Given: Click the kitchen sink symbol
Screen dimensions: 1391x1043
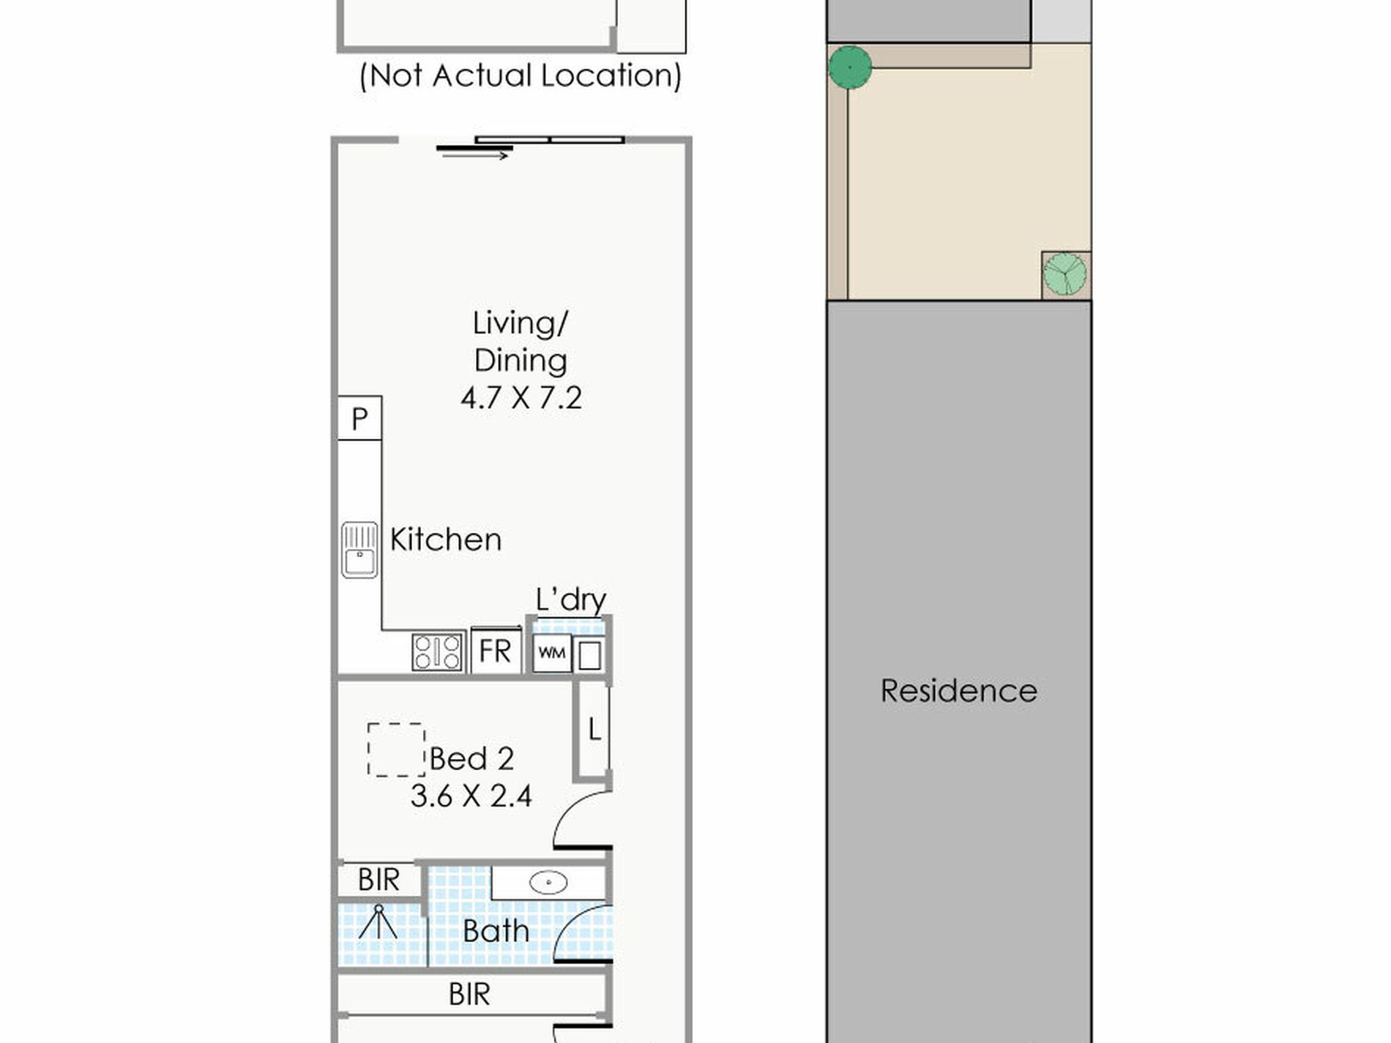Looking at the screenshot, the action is pos(359,550).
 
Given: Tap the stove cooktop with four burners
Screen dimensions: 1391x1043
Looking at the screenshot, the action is pos(438,651).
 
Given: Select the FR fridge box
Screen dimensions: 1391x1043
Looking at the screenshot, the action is pos(496,650).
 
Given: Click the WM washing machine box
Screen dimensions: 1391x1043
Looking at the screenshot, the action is pos(552,652).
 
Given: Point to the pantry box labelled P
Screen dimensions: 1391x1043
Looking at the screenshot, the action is pos(359,419).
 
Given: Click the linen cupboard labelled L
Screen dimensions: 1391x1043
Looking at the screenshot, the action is pos(594,729).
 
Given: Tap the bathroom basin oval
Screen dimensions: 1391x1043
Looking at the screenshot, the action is pos(548,883).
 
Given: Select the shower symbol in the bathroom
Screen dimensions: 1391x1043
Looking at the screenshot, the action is pos(378,922).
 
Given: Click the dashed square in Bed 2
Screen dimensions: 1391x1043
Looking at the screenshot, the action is pos(396,749).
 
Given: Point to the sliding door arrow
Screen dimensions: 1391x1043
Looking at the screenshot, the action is pos(475,155).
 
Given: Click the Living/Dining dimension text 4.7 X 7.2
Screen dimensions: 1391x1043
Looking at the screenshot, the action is pos(521,397).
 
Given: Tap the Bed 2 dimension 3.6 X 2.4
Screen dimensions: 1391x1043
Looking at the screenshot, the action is pos(471,796).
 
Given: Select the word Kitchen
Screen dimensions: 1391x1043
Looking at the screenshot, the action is pos(446,539).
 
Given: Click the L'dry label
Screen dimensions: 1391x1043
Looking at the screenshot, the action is pos(571,599).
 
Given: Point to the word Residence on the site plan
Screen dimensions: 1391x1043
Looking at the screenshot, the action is pos(959,691).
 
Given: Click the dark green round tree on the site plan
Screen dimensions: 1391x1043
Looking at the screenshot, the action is pos(850,67).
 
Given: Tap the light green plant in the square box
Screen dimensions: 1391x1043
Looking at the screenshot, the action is pos(1065,274).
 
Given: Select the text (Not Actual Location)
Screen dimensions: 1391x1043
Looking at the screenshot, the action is pos(521,75).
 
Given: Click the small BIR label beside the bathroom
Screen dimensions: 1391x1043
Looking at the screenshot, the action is pos(378,880).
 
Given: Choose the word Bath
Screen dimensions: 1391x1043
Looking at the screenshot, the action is pos(496,932).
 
